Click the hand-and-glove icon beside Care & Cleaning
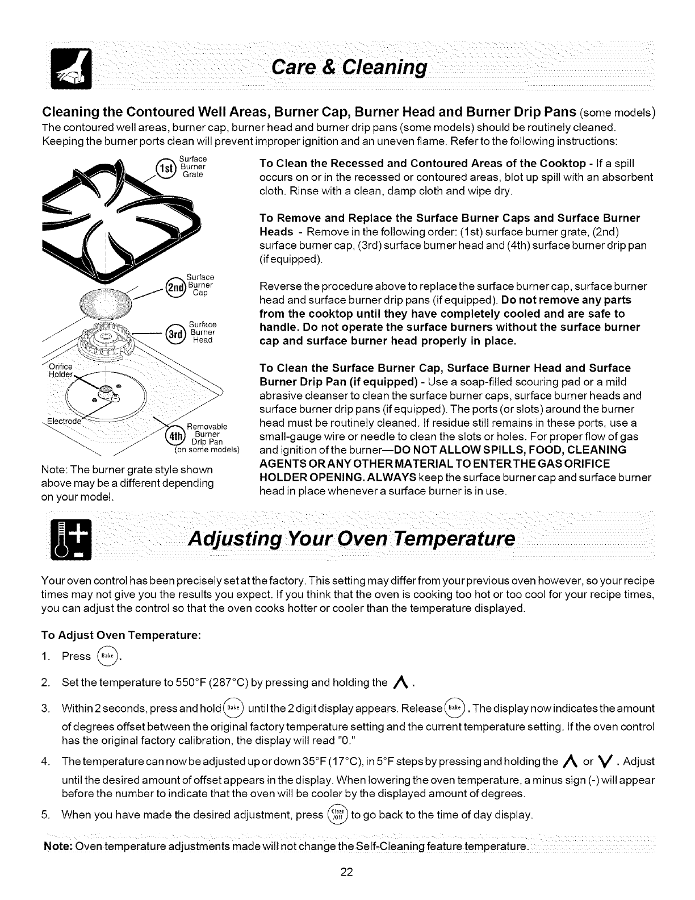pos(66,69)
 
